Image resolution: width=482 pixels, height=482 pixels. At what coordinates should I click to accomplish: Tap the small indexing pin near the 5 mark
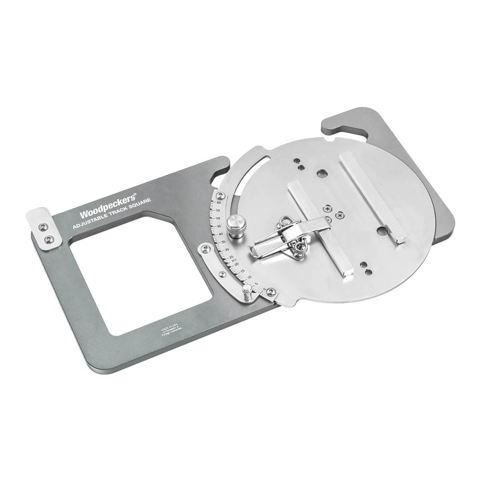coord(247,292)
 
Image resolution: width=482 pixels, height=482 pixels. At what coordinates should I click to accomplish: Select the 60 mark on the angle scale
coord(219,203)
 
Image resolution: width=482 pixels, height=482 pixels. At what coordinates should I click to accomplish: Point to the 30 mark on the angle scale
coord(227,250)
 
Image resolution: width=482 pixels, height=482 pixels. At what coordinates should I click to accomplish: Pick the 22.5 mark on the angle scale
coord(234,261)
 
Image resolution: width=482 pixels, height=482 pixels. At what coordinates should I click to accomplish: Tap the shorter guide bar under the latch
coord(319,227)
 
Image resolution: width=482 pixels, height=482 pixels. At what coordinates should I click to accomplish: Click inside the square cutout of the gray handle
coord(140,275)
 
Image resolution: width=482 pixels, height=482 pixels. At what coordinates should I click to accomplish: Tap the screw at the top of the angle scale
coord(220,195)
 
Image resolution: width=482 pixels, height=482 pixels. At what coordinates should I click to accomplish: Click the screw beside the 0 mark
coord(271,292)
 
